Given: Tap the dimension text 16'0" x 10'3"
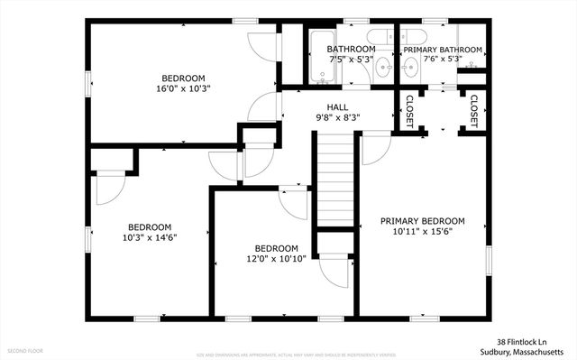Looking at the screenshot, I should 183,88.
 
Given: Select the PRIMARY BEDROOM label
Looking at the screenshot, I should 422,220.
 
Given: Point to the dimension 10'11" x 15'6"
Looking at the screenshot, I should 422,231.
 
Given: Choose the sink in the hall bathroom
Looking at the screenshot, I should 383,65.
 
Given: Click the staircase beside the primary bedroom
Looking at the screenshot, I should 334,176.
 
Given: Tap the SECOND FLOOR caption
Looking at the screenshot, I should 26,349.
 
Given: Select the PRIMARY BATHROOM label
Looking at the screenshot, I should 442,50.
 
